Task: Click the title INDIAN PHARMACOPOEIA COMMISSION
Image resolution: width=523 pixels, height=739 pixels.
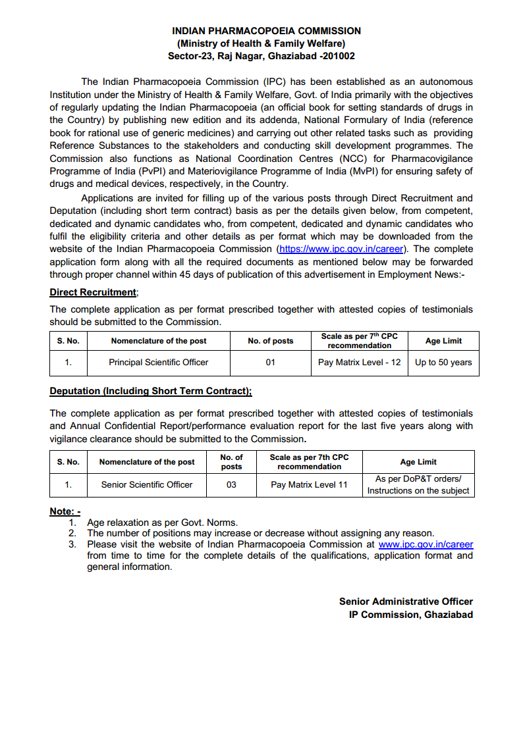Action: coord(266,31)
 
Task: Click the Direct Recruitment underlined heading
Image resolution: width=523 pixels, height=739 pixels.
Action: coord(92,292)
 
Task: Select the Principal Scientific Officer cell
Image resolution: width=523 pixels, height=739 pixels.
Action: coord(158,363)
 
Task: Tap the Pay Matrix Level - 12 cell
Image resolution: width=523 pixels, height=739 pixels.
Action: coord(359,363)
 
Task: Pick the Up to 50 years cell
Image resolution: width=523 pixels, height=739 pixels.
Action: coord(443,363)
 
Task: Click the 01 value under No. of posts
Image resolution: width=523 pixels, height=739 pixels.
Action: coord(270,363)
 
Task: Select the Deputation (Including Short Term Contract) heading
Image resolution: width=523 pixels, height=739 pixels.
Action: coord(150,391)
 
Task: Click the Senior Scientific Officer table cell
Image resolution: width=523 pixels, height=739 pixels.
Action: coord(147,484)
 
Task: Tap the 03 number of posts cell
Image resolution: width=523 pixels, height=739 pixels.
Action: coord(231,484)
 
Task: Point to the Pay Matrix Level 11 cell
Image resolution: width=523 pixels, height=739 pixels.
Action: coord(309,484)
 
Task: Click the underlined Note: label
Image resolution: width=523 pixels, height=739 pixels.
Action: coord(65,511)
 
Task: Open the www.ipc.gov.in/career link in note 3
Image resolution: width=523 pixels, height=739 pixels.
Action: coord(426,544)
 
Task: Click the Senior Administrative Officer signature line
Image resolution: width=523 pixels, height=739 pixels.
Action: coord(406,601)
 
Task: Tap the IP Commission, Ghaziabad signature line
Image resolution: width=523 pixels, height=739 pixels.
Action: coord(410,615)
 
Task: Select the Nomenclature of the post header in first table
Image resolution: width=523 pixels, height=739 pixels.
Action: coord(159,341)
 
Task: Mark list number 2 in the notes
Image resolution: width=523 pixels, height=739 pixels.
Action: coord(72,533)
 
